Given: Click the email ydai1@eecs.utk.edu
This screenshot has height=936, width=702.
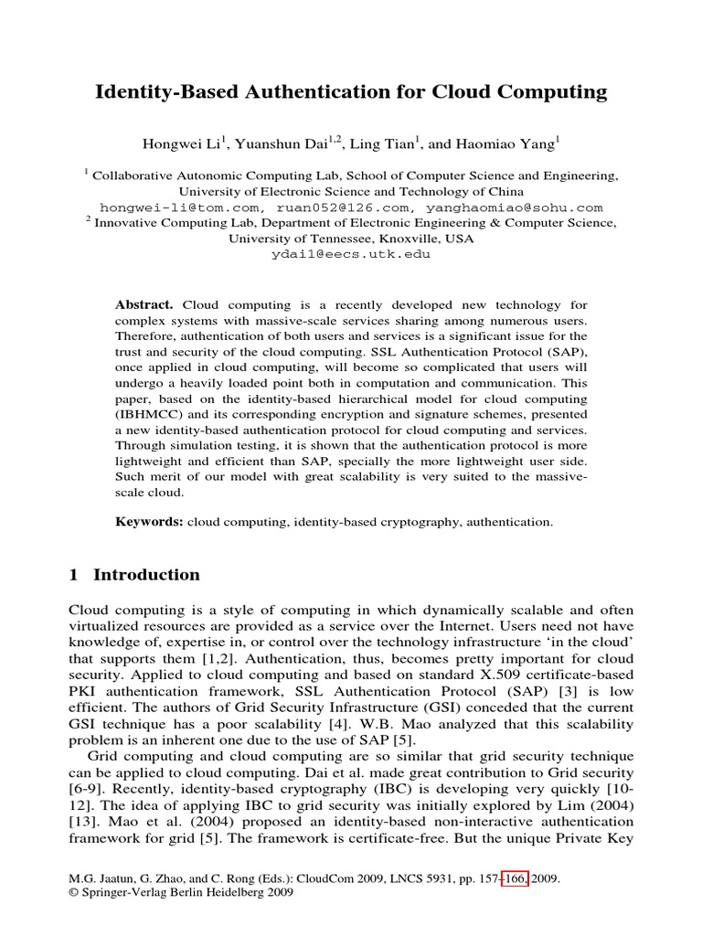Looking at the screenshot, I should (x=351, y=254).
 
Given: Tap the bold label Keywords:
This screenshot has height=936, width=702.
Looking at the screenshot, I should (x=150, y=522).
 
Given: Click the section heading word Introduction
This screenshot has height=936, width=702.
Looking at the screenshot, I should (x=146, y=575).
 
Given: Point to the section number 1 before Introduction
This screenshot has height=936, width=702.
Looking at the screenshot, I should (x=74, y=575).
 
